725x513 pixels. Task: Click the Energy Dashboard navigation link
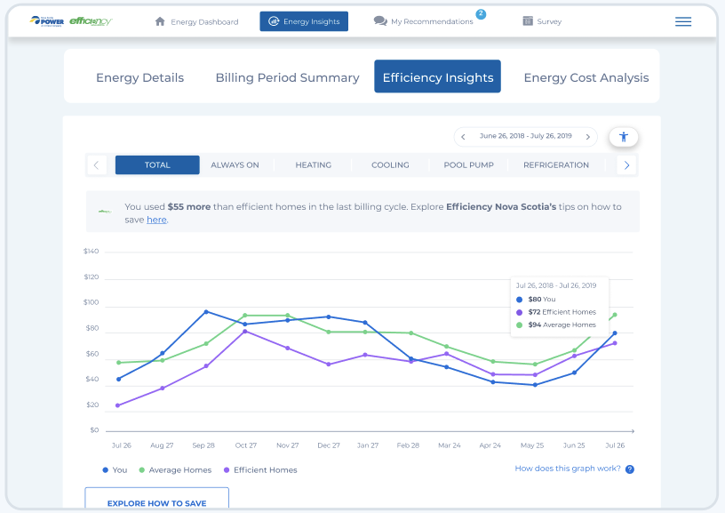[196, 21]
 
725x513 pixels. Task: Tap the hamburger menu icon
[683, 21]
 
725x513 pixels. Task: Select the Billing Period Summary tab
[287, 77]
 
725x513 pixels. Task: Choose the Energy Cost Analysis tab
[586, 77]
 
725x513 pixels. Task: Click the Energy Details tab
[139, 77]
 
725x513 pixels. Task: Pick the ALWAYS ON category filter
[235, 164]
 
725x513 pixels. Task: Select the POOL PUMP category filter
[468, 164]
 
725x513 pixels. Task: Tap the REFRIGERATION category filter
[556, 164]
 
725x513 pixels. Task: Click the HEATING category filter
[313, 164]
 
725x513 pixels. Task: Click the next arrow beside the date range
[587, 137]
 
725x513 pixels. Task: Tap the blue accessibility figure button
[624, 137]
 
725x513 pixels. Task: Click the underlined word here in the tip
[156, 220]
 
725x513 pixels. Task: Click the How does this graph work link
[568, 469]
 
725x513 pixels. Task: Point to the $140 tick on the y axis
[91, 252]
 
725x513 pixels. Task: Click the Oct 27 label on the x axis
[245, 445]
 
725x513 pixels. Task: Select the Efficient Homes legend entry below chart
[265, 469]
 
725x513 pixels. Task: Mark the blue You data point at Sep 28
[206, 312]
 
